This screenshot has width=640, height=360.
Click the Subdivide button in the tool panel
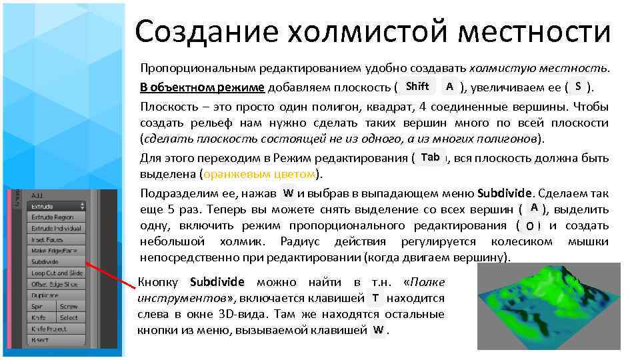point(57,262)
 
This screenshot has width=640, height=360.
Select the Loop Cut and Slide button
point(57,273)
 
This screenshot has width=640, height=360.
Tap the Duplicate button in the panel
point(57,295)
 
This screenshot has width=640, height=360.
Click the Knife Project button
point(57,329)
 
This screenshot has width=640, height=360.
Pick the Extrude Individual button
point(57,228)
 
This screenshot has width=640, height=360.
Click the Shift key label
point(417,86)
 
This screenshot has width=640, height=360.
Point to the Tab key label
point(431,157)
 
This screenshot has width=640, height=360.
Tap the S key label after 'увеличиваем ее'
point(578,86)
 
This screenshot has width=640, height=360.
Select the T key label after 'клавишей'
point(375,297)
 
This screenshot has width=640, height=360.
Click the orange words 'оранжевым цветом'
point(259,175)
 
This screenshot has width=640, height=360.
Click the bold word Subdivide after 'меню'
point(505,193)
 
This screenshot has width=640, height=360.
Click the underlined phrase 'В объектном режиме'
point(202,87)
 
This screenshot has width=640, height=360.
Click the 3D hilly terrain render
point(549,305)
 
